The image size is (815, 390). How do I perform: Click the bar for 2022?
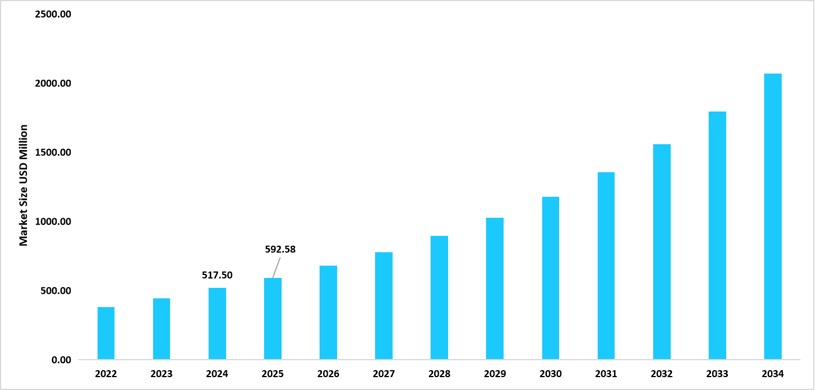106,333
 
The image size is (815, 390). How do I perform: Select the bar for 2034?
772,217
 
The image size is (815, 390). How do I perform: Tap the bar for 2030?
550,278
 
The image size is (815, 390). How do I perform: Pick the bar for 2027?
384,306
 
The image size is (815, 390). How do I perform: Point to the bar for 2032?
661,252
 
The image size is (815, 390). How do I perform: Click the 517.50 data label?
217,275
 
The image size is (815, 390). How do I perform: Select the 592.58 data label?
280,249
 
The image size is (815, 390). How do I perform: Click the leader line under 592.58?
275,267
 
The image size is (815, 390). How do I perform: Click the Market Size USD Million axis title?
23,185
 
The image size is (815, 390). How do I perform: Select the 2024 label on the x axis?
217,374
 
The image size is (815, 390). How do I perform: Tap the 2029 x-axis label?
495,374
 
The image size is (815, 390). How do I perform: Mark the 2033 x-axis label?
717,374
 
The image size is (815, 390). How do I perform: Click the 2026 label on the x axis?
328,374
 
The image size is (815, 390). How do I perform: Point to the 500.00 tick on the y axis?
56,291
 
